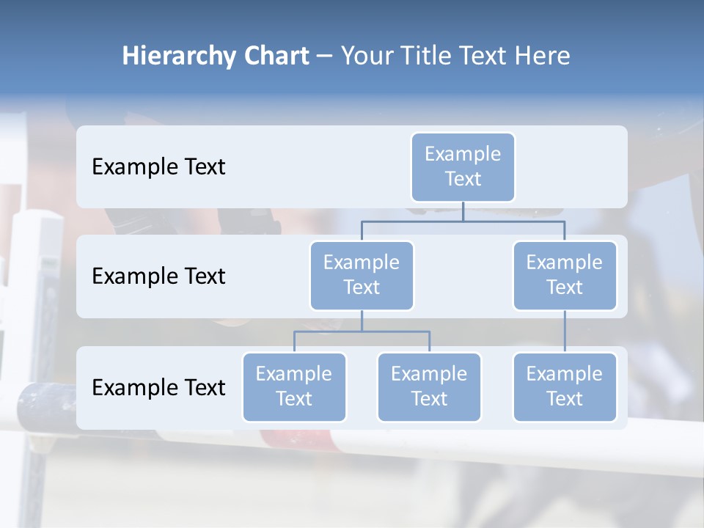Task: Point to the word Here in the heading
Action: click(x=543, y=56)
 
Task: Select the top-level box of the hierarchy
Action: click(x=463, y=167)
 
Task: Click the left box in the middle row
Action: click(x=362, y=276)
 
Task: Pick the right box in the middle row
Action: click(x=565, y=276)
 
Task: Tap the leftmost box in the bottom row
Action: click(x=294, y=387)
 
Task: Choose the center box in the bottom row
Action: click(x=429, y=387)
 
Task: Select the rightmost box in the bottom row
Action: click(x=565, y=387)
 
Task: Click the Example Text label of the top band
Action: click(x=158, y=167)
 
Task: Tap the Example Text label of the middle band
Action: click(x=158, y=276)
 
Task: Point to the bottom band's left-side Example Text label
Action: click(x=158, y=387)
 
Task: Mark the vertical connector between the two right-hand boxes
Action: click(x=565, y=331)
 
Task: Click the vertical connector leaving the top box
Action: click(x=463, y=211)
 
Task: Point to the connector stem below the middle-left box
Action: click(x=362, y=320)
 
